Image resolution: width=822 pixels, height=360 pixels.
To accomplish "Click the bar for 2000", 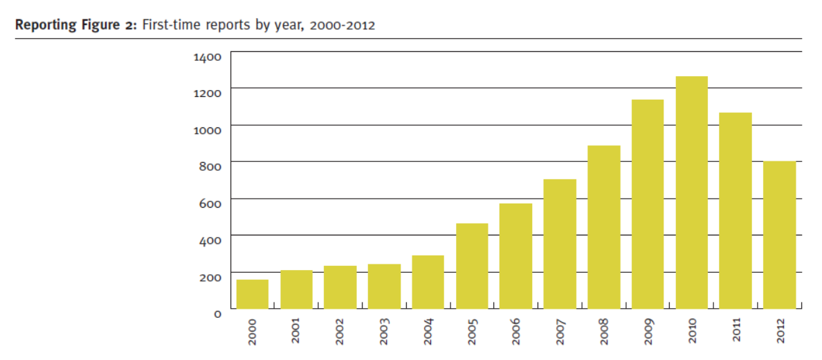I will pyautogui.click(x=253, y=294).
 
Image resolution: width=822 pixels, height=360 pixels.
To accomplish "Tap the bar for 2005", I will pyautogui.click(x=472, y=266).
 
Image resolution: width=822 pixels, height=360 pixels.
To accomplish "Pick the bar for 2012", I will pyautogui.click(x=779, y=235).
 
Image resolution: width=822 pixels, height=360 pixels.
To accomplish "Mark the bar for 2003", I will pyautogui.click(x=384, y=287).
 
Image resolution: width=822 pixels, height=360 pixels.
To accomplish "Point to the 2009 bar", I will pyautogui.click(x=648, y=204).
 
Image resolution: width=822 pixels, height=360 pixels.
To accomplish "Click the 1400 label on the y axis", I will pyautogui.click(x=208, y=56).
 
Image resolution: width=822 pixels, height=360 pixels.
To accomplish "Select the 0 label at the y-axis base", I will pyautogui.click(x=217, y=313).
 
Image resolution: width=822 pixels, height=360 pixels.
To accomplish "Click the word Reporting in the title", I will pyautogui.click(x=43, y=26).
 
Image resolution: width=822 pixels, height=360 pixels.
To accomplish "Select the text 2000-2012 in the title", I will pyautogui.click(x=342, y=26).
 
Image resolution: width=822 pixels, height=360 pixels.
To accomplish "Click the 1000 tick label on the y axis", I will pyautogui.click(x=208, y=129).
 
